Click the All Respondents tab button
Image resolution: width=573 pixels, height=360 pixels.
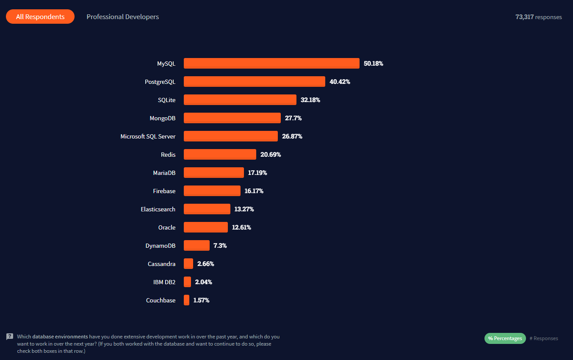point(40,17)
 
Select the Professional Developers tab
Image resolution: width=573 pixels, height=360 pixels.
point(123,17)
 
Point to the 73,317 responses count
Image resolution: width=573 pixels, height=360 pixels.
point(538,17)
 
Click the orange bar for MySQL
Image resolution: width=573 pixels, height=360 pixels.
point(271,64)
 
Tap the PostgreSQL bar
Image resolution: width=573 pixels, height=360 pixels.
point(255,82)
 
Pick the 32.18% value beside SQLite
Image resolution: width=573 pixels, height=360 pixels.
point(310,100)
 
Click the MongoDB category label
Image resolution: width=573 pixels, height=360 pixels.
point(162,118)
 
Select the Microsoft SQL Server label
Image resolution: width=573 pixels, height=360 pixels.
point(148,136)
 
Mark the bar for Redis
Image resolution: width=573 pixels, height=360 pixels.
point(220,155)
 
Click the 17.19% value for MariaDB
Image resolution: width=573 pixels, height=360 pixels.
point(257,173)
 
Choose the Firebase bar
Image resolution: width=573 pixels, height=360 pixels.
point(212,191)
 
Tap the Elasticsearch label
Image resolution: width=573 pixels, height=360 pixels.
point(158,209)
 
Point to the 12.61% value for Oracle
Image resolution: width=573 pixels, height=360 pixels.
point(241,227)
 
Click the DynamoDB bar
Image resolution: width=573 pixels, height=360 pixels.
point(197,246)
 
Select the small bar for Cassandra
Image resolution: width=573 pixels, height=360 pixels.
point(188,264)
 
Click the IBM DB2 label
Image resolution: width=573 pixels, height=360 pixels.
point(164,282)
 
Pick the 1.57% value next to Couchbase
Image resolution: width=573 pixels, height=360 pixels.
point(201,300)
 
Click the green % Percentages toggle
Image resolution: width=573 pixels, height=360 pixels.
point(505,338)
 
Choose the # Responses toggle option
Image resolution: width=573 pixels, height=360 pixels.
point(544,338)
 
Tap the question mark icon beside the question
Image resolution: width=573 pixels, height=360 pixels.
point(10,337)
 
